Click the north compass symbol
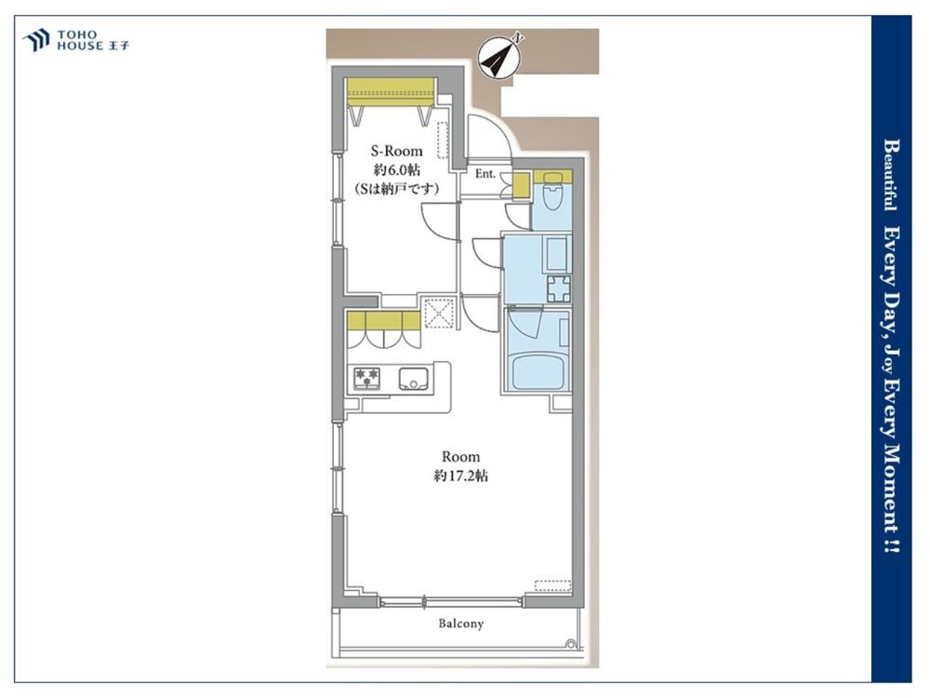(x=498, y=55)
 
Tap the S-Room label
(x=397, y=151)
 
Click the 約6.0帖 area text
(x=397, y=169)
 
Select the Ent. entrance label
(x=485, y=174)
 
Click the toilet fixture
(x=552, y=190)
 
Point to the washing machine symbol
(x=559, y=289)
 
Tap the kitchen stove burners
(x=366, y=378)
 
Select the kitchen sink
(x=414, y=378)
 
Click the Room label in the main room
(x=461, y=456)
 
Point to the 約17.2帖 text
(x=461, y=476)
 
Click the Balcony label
(x=461, y=624)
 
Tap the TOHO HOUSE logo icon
(x=35, y=40)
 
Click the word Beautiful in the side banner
(x=890, y=175)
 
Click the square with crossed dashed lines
(x=440, y=314)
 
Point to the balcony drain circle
(x=571, y=643)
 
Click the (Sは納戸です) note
(x=397, y=189)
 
